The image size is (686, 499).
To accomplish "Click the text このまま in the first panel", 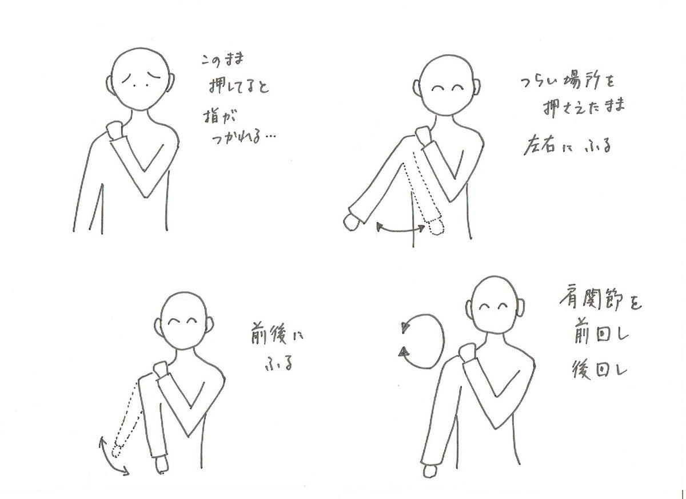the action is tap(222, 60).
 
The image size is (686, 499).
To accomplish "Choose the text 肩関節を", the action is tap(600, 300).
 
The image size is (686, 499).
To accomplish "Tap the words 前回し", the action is tap(600, 336).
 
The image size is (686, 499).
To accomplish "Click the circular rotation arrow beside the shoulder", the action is tap(443, 341).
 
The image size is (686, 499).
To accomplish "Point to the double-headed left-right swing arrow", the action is tap(401, 230).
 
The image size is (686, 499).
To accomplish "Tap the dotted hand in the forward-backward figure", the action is tap(117, 452).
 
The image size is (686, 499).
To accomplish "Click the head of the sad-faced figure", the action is tap(140, 79).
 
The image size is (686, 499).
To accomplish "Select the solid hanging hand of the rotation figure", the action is tap(430, 471).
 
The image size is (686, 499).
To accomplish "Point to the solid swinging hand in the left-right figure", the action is tap(352, 223).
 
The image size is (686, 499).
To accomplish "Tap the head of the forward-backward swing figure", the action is tap(184, 320).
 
